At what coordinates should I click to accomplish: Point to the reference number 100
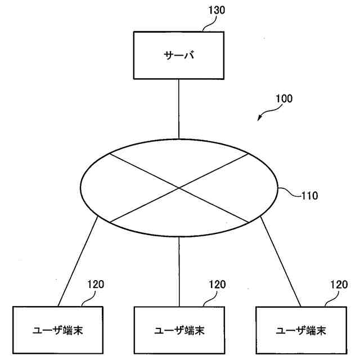[283, 98]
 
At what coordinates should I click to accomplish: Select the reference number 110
[309, 196]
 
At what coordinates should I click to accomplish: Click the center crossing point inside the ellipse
[179, 187]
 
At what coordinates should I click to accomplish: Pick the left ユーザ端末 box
[58, 329]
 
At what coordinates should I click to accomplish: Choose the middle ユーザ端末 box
[179, 329]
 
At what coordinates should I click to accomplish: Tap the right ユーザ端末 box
[301, 329]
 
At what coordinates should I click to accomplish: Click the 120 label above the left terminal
[96, 285]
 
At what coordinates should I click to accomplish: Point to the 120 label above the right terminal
[339, 285]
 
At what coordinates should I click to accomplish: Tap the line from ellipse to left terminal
[78, 262]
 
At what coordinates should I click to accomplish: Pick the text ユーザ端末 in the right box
[301, 330]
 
